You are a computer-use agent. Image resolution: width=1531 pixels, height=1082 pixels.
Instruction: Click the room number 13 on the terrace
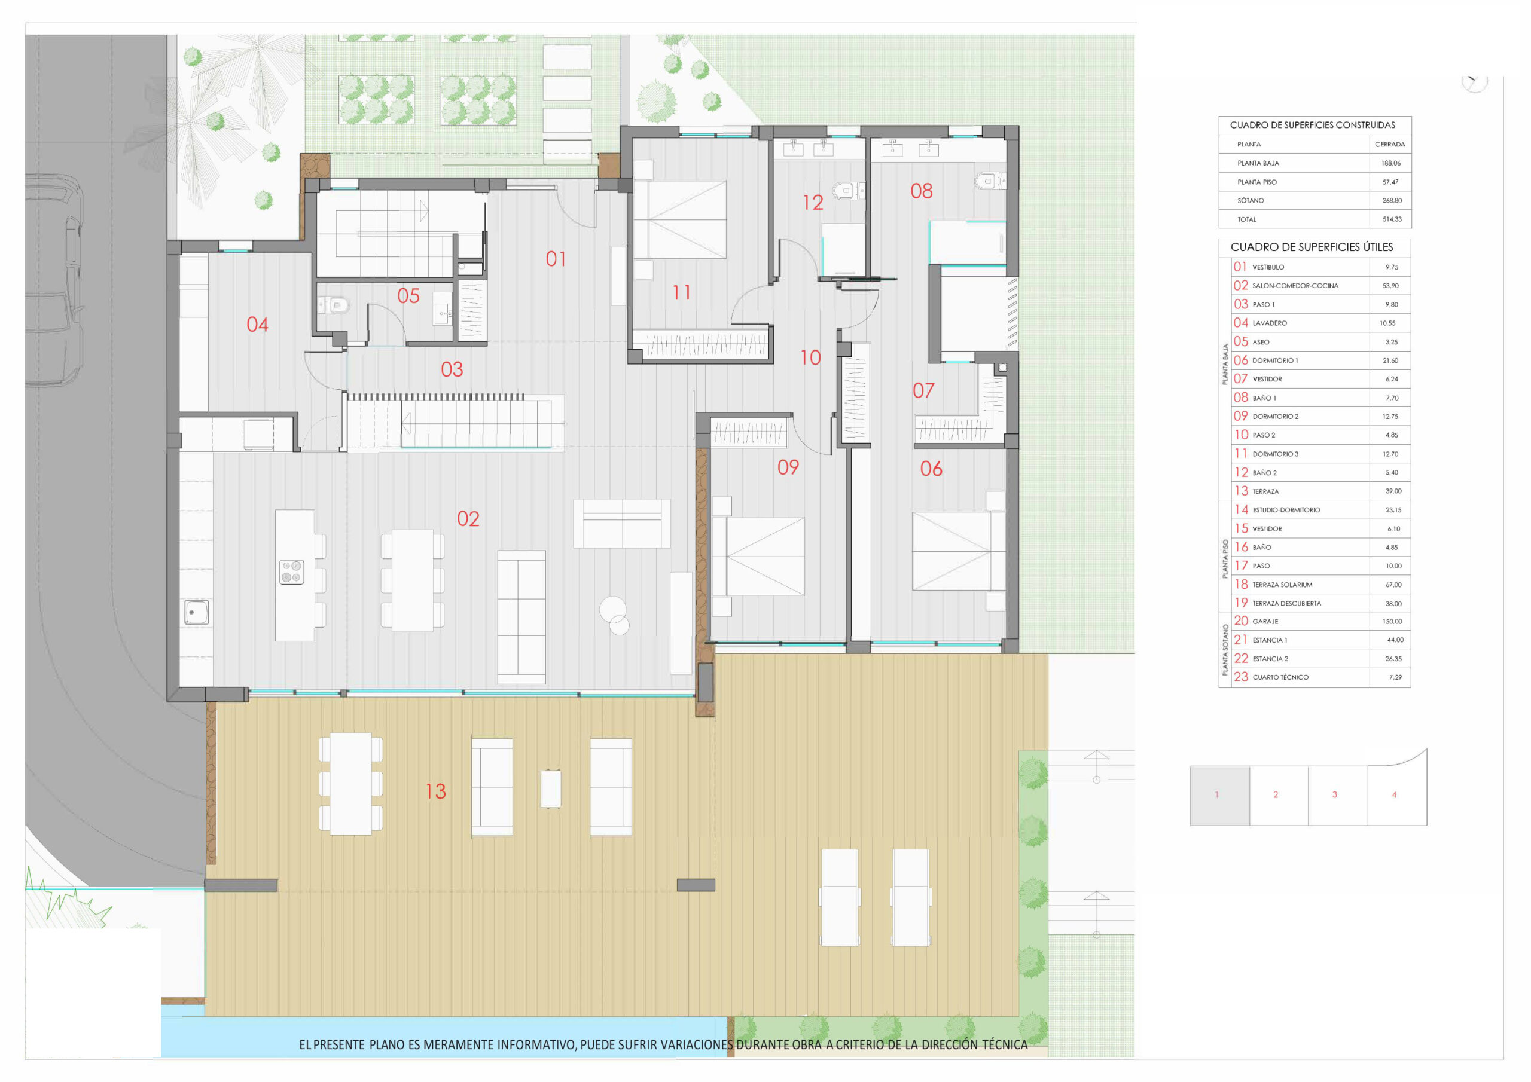435,791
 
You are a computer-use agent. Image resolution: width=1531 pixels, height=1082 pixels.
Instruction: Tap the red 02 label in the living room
468,519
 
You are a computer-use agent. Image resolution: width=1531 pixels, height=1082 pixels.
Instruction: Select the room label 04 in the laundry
257,325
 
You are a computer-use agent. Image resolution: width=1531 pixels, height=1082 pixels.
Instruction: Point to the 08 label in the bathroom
922,191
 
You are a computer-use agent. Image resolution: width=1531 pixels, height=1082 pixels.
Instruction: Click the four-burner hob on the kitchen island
291,571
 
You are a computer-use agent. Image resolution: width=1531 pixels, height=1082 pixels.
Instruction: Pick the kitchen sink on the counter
196,612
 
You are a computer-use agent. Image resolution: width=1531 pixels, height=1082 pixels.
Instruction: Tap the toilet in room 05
333,305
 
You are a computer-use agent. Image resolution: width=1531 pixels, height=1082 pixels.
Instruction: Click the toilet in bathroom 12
849,191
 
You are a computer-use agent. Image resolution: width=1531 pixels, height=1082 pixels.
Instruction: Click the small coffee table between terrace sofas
550,788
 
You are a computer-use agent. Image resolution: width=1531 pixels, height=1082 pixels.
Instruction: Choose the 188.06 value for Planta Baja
1390,163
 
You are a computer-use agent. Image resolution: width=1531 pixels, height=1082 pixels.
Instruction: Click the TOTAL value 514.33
1392,219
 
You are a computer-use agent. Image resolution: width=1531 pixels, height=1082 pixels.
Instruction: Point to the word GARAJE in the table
1265,621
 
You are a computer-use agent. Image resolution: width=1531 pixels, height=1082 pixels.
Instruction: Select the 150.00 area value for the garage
1392,621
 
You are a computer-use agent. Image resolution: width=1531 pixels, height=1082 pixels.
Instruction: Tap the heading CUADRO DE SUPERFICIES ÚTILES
1312,247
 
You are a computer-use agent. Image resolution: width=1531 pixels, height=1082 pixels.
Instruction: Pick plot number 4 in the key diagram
1393,794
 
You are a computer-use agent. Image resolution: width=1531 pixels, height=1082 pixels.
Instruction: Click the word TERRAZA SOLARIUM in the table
1282,585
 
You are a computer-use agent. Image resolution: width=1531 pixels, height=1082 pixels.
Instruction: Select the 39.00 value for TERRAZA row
1393,491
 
